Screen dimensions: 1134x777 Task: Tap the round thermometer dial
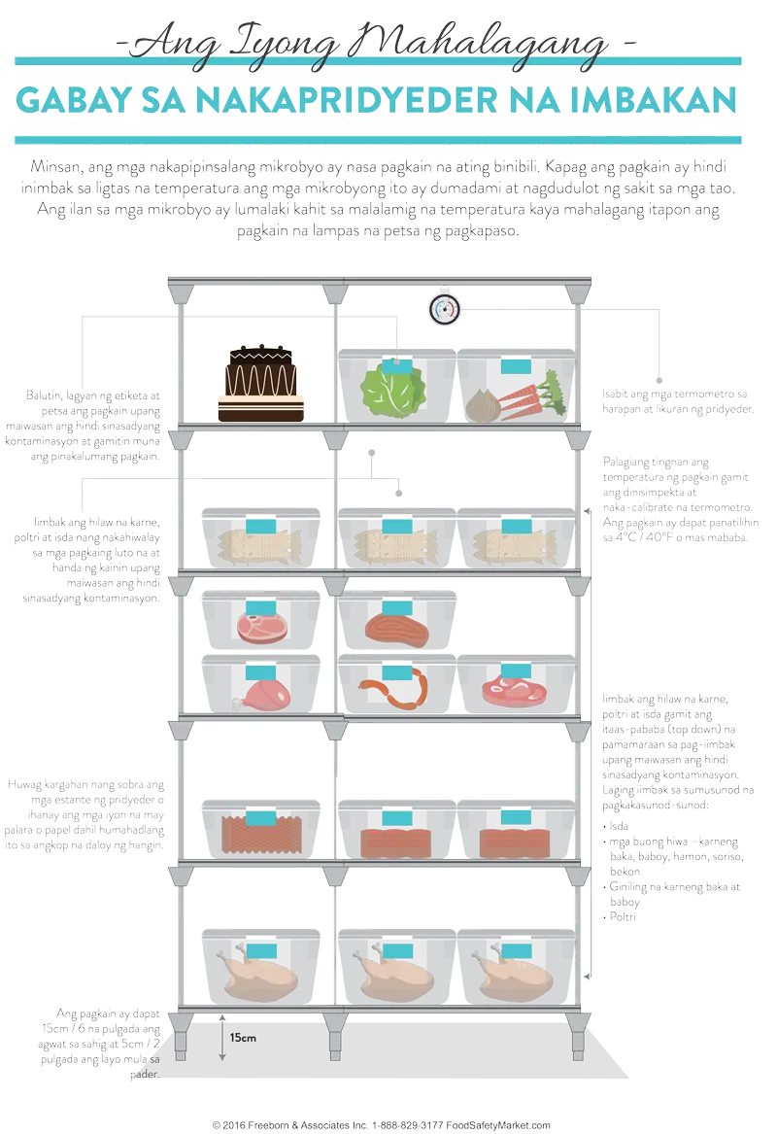444,310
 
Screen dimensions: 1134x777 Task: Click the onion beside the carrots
482,402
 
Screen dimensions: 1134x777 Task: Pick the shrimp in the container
394,691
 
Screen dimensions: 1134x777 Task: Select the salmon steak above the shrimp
394,626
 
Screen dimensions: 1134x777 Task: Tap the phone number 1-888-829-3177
413,1125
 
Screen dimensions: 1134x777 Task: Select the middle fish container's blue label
395,526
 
